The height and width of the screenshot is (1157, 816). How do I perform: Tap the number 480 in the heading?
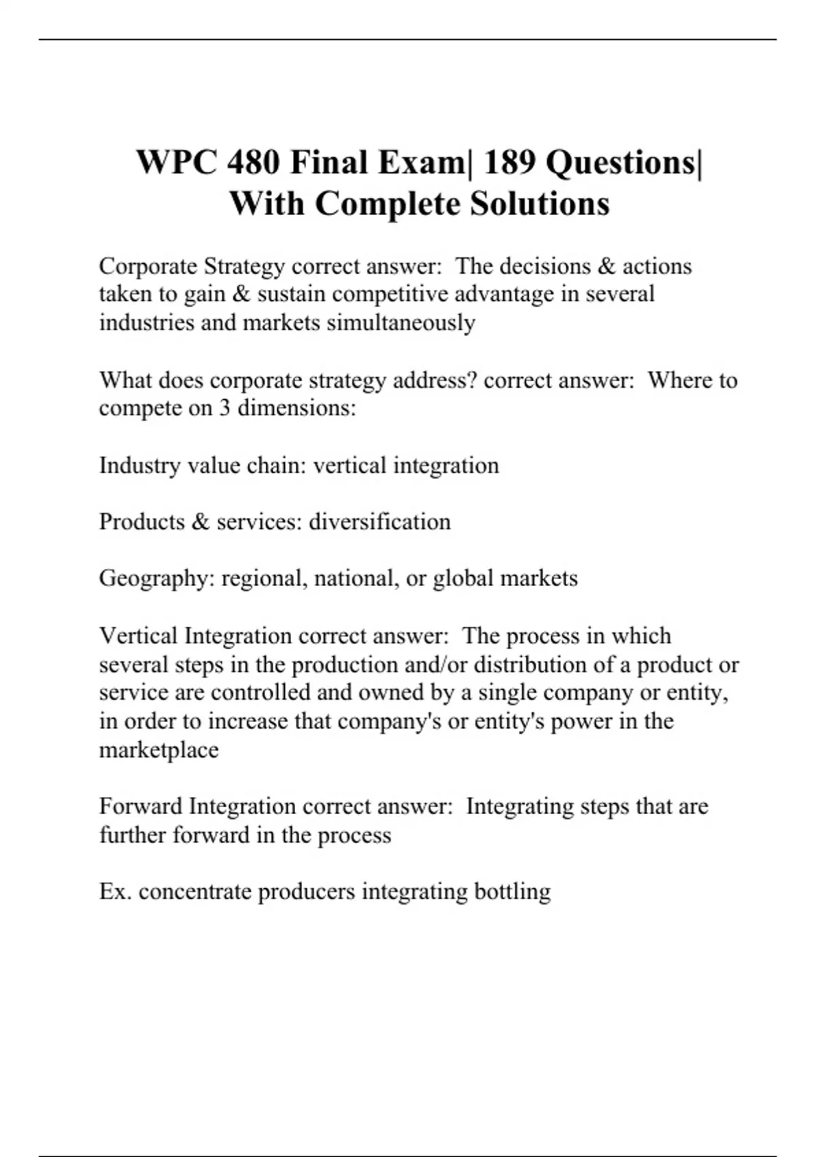254,163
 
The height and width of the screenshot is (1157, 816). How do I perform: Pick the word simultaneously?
401,322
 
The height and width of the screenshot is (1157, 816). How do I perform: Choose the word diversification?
379,522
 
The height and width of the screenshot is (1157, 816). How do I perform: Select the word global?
463,578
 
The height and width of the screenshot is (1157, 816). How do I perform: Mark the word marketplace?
159,750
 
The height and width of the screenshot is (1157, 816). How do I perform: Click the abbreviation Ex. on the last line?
115,892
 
